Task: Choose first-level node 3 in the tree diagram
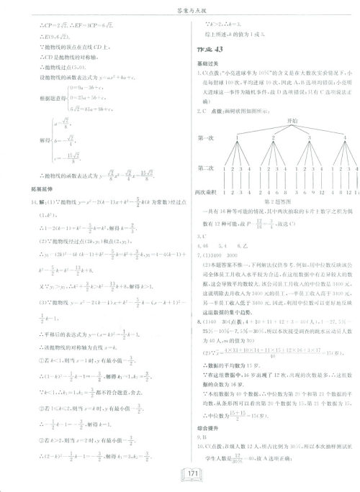pyautogui.click(x=297, y=137)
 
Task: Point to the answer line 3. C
pyautogui.click(x=201, y=236)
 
